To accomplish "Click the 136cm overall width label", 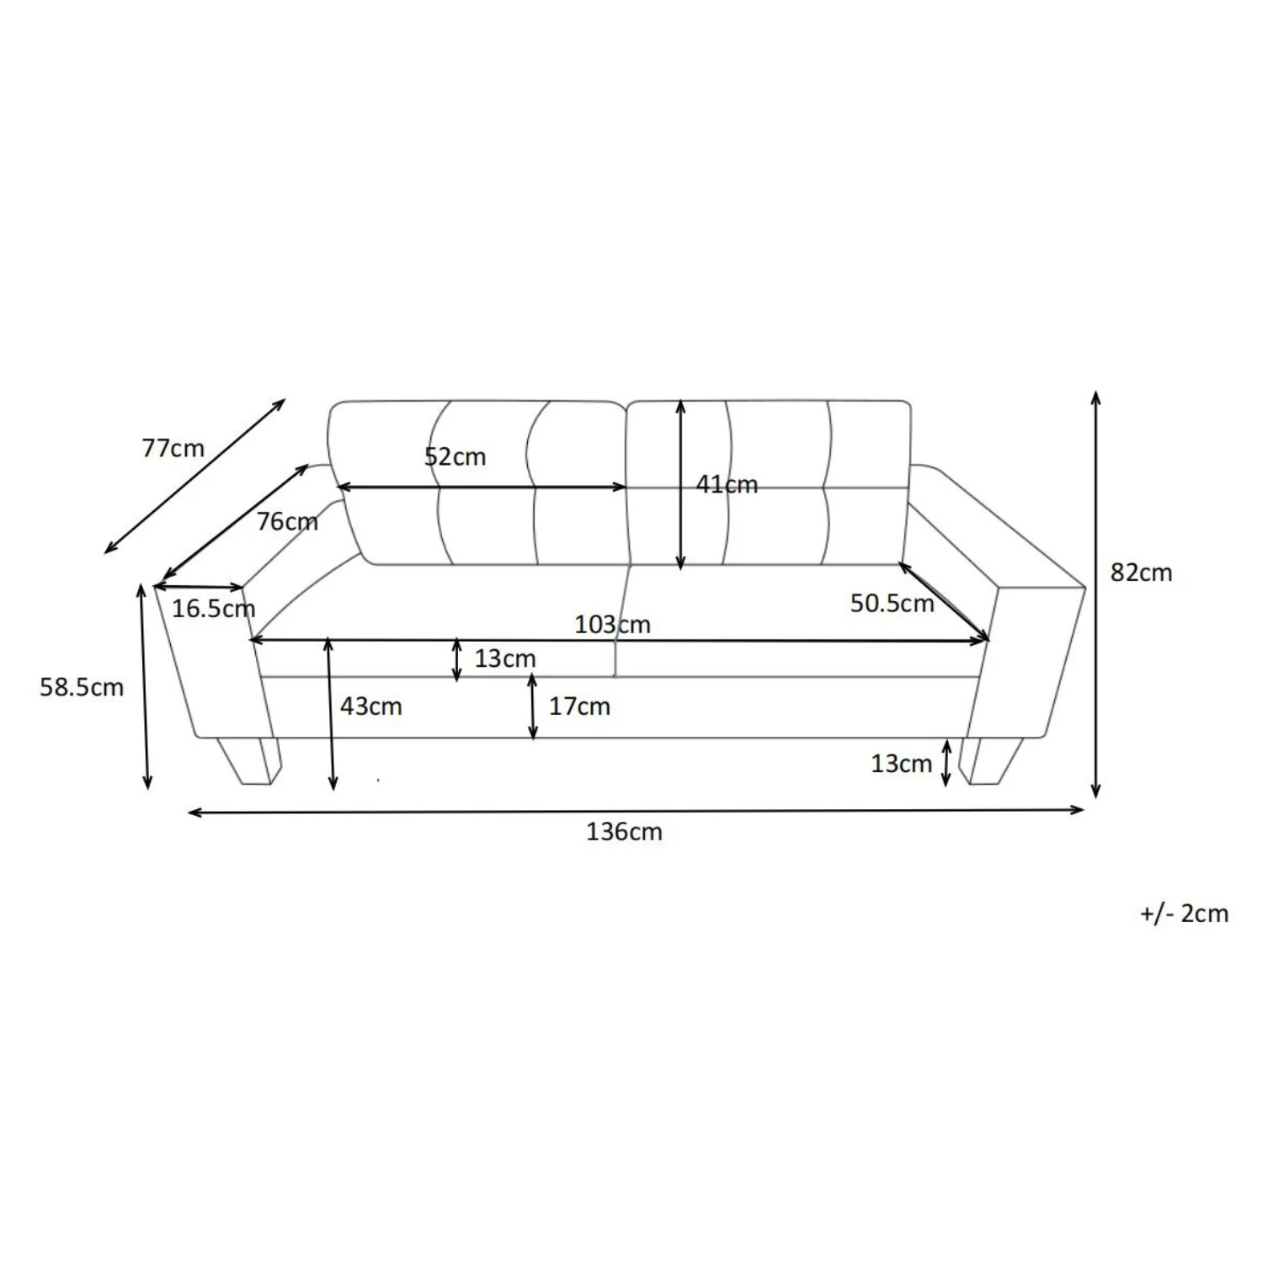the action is [x=624, y=832].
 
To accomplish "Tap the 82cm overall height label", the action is [x=1141, y=573].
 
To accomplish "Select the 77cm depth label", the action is [x=173, y=448].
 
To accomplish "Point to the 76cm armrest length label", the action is [x=287, y=522].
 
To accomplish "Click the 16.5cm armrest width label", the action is [x=213, y=608].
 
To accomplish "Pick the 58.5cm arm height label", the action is [x=82, y=687].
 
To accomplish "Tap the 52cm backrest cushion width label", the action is [x=455, y=457].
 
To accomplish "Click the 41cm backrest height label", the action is [x=727, y=484].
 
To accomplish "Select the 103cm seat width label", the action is [x=612, y=625].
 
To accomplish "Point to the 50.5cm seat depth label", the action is [x=892, y=603].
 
